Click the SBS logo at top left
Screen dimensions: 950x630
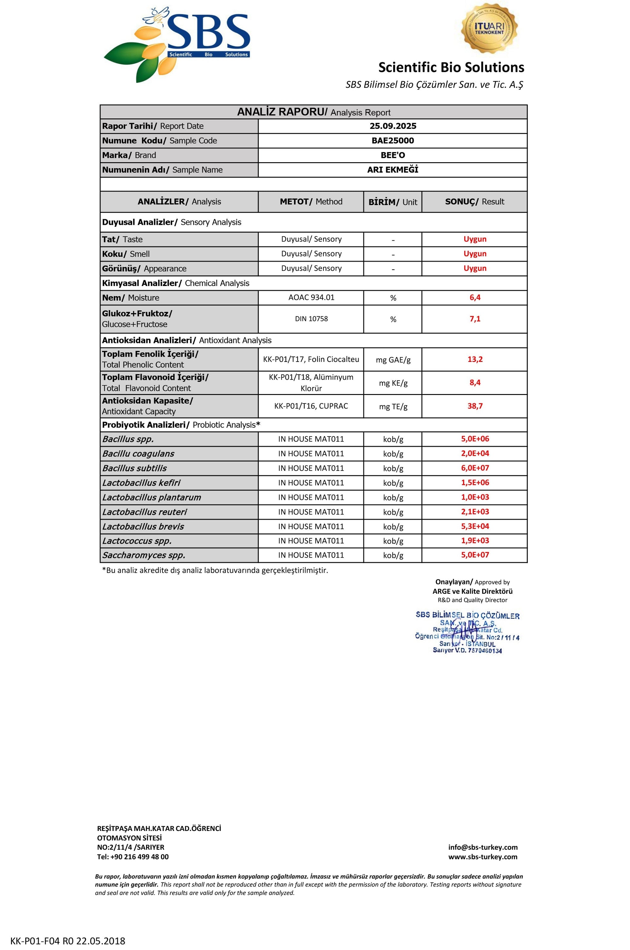coord(177,44)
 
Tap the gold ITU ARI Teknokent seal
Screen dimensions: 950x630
coord(489,28)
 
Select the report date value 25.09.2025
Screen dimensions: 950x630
coord(392,126)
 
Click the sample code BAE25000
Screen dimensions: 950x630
coord(392,140)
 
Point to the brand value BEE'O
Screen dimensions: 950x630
coord(392,155)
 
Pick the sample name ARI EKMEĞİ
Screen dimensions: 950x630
coord(392,169)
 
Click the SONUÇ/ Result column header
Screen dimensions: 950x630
coord(474,202)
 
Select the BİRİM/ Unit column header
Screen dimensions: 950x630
coord(392,202)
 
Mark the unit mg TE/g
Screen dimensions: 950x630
coord(393,407)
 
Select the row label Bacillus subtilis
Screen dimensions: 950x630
coord(134,468)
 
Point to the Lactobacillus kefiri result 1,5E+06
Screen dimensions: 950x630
coord(475,483)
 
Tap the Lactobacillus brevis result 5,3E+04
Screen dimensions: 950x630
coord(475,526)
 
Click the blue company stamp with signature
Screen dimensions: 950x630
coord(467,632)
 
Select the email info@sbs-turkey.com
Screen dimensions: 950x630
coord(483,847)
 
